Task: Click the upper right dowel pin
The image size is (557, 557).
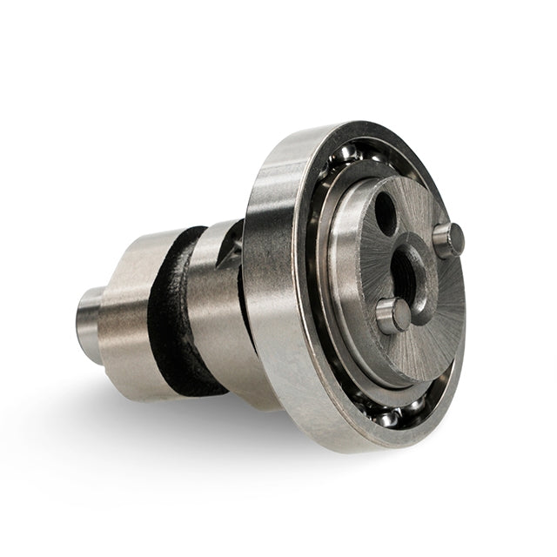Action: point(449,239)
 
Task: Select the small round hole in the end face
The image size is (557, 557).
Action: point(385,212)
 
